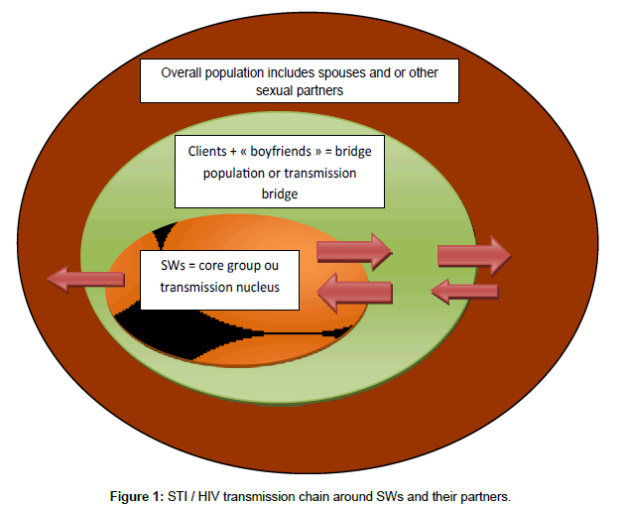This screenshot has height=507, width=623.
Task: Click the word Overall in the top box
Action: (184, 72)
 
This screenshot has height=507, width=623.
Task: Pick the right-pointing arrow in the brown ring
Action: (473, 256)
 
